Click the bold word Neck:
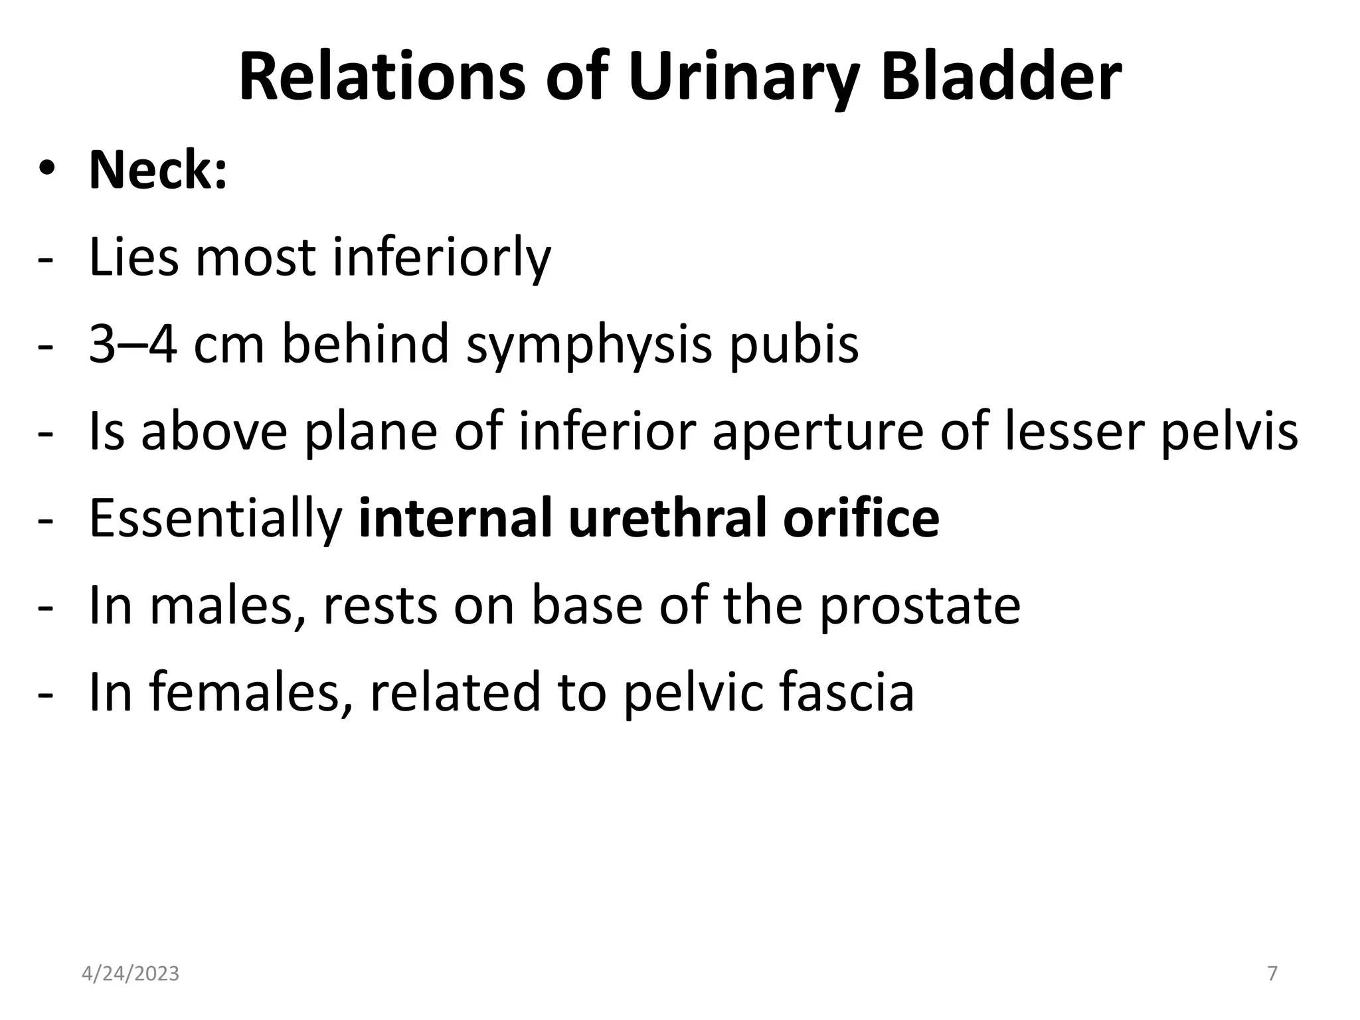[158, 170]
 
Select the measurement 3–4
[133, 344]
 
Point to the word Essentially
[216, 519]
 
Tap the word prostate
[920, 607]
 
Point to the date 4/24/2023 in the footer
[130, 974]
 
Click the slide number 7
[1272, 974]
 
